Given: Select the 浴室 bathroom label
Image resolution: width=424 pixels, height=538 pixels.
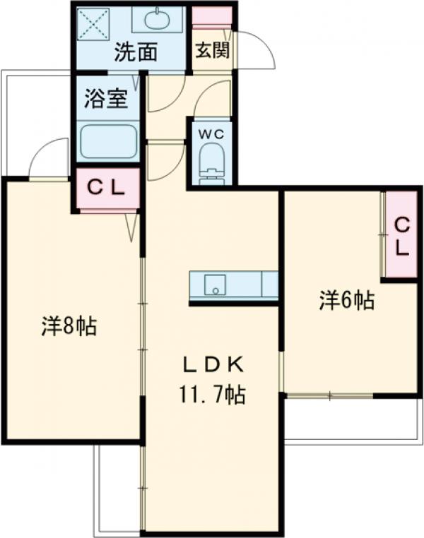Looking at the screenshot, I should click(105, 100).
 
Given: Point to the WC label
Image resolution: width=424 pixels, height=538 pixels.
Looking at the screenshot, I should click(211, 133).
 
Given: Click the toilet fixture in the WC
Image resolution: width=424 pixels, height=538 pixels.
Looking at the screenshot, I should click(211, 162).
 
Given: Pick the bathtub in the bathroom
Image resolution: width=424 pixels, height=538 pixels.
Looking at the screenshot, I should click(108, 142).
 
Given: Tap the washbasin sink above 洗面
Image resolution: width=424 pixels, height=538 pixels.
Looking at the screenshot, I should click(167, 19).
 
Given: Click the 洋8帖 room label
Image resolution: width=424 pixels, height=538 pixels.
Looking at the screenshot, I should click(69, 326).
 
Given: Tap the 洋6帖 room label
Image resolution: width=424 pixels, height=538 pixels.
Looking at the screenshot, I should click(346, 301).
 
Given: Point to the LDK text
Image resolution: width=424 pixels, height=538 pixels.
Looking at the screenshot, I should click(212, 365).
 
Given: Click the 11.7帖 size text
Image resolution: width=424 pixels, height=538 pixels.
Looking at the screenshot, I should click(211, 395).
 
